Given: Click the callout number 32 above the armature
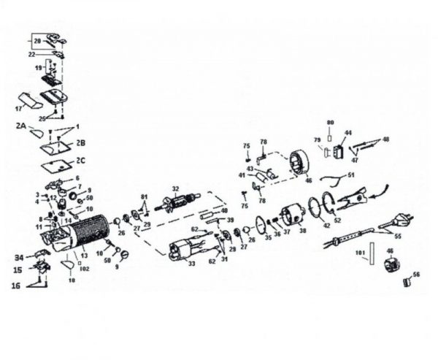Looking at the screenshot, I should [x=174, y=188].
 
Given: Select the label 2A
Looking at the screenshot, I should [x=21, y=127].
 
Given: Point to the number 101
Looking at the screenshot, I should [x=359, y=253].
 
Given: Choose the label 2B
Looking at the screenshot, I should [x=82, y=143].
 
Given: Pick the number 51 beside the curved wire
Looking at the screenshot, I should [x=351, y=175].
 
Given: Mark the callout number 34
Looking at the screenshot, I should [x=18, y=257].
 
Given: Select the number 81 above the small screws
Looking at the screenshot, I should [x=145, y=197].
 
